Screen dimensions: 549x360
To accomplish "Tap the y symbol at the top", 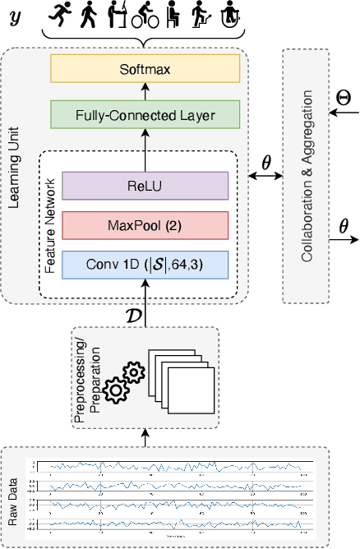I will pyautogui.click(x=15, y=15).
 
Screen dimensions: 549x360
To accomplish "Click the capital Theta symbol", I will pyautogui.click(x=344, y=98).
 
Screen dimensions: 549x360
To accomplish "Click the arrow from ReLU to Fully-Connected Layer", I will pyautogui.click(x=144, y=150).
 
